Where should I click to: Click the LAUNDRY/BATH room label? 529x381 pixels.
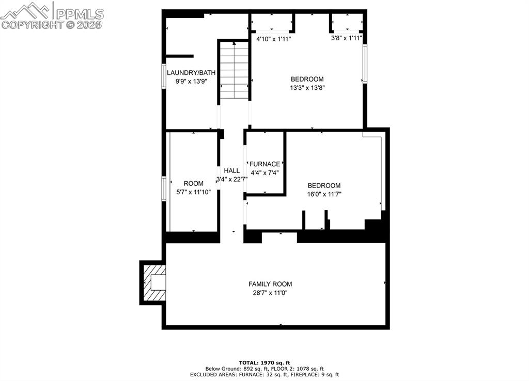191,73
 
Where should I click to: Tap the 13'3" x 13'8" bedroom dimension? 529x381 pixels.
307,88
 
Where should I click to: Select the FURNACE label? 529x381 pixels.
265,164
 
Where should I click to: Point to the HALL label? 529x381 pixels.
231,170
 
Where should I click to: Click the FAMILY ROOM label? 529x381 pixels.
270,284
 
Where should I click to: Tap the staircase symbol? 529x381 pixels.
234,70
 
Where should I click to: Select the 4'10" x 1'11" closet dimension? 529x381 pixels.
273,38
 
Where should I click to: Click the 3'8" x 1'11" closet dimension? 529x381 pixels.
346,38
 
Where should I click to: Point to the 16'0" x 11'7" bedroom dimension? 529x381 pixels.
324,194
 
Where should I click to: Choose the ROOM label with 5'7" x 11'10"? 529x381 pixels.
193,183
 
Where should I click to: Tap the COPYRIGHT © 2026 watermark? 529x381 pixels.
52,25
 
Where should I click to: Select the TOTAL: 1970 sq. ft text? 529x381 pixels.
264,362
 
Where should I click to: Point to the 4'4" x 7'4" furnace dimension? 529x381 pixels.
264,173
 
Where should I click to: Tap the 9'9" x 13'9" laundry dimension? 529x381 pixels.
191,82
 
